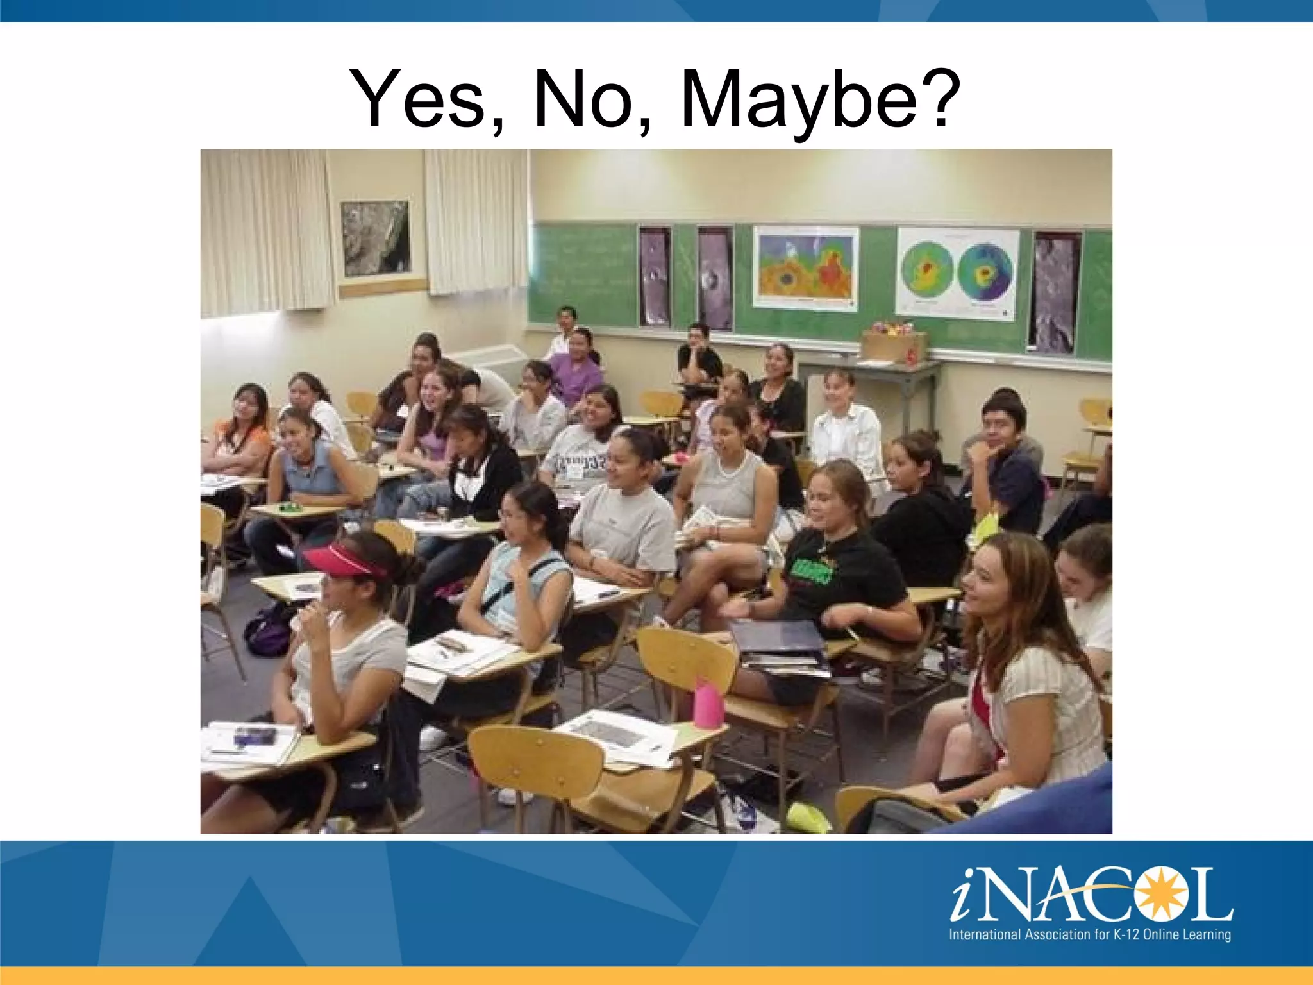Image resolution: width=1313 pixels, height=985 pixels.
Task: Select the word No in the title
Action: click(x=583, y=99)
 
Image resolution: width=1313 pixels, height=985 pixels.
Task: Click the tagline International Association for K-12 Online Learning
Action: click(x=1090, y=934)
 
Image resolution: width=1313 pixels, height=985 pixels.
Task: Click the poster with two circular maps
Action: click(x=957, y=272)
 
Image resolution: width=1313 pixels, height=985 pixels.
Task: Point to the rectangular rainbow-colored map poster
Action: click(x=807, y=267)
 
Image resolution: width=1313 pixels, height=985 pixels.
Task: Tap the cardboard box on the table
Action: click(x=894, y=346)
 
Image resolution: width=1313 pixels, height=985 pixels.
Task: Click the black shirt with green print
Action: click(x=833, y=564)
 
